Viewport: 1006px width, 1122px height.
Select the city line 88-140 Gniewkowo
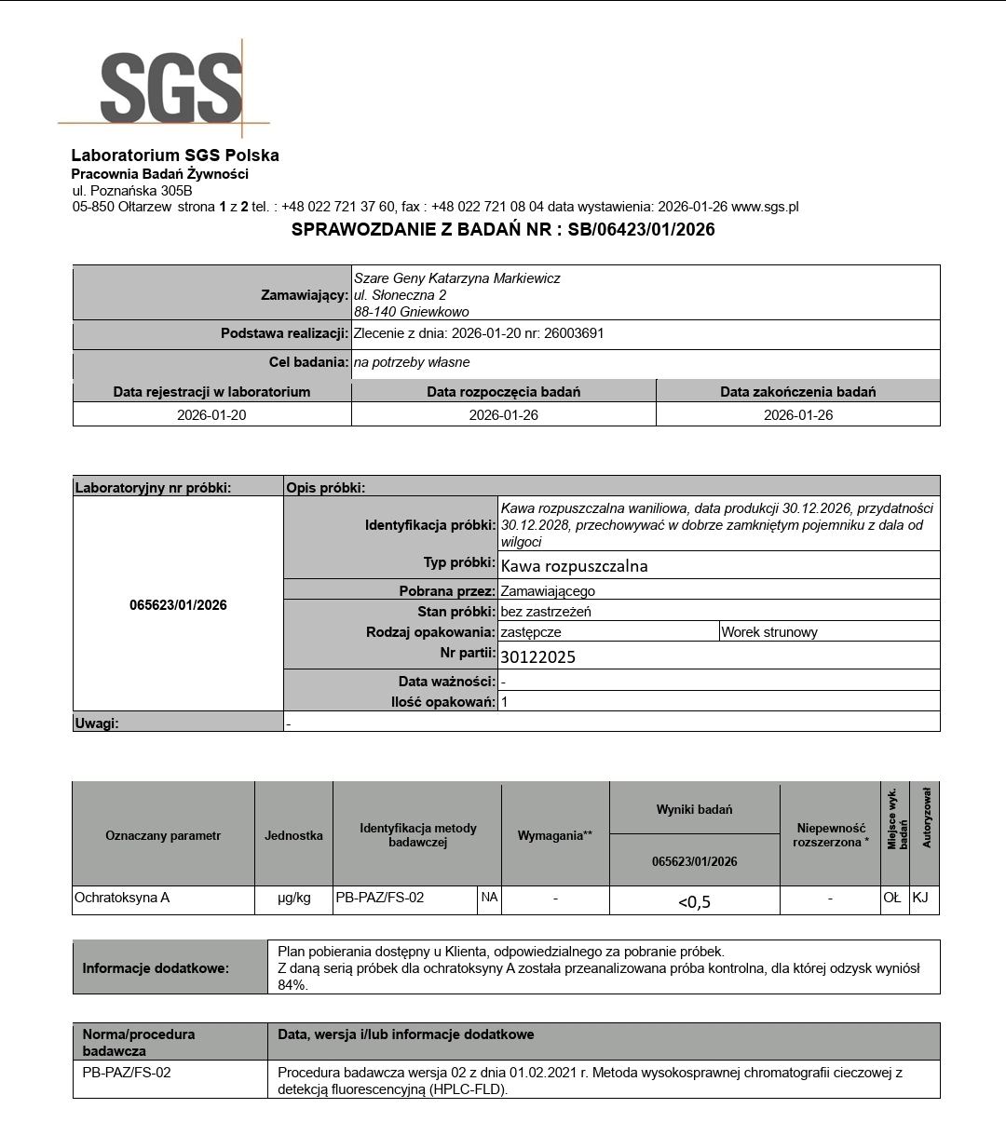(x=411, y=312)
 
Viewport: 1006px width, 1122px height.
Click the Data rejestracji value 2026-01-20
(x=211, y=414)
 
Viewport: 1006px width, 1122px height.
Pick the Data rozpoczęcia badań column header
(x=503, y=391)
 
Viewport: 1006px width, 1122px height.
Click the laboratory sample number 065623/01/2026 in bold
(x=178, y=605)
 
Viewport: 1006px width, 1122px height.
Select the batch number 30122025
(x=538, y=656)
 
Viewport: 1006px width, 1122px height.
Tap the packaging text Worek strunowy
(x=769, y=632)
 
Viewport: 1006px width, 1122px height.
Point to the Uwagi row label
(x=97, y=723)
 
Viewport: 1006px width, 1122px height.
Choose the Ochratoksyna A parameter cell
(x=122, y=898)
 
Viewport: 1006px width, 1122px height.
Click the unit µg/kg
(x=293, y=898)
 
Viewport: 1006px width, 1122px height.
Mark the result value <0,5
(x=694, y=900)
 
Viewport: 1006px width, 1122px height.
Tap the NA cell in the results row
(x=489, y=898)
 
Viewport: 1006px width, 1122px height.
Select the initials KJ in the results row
(x=920, y=898)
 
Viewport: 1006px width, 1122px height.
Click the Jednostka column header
(x=293, y=835)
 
